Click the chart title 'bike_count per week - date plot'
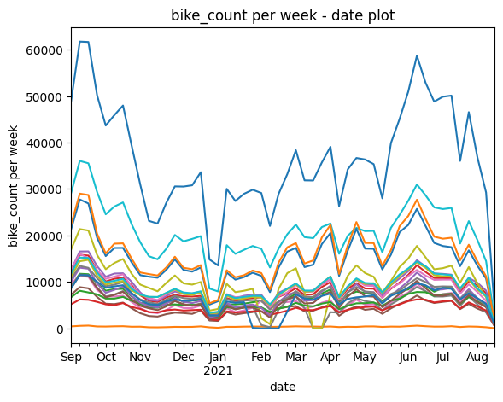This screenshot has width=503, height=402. (283, 15)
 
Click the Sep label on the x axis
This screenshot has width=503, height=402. (71, 357)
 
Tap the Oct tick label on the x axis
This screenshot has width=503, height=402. (106, 357)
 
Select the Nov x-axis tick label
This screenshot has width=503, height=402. (140, 357)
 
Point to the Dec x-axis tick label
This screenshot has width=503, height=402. (184, 357)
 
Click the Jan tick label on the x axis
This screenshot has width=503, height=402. (218, 357)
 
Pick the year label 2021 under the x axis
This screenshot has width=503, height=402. (218, 370)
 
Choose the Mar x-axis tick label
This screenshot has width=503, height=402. (295, 357)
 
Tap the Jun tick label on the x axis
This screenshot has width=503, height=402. (408, 357)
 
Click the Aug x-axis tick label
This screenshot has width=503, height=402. (477, 357)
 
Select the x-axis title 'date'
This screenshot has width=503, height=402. (283, 387)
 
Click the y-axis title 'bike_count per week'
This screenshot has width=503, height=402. (13, 186)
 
